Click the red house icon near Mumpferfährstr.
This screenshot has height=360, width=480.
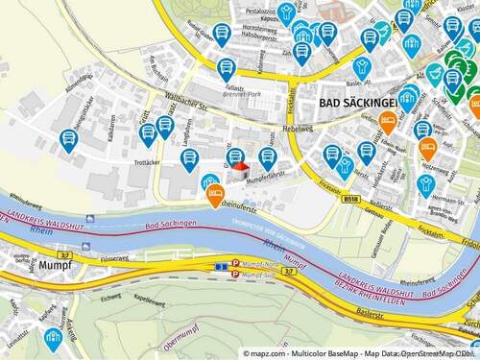tap(239, 167)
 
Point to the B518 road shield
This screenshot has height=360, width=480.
tap(353, 200)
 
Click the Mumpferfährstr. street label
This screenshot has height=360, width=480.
tap(266, 179)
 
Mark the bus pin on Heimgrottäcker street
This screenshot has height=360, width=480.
tap(68, 140)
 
